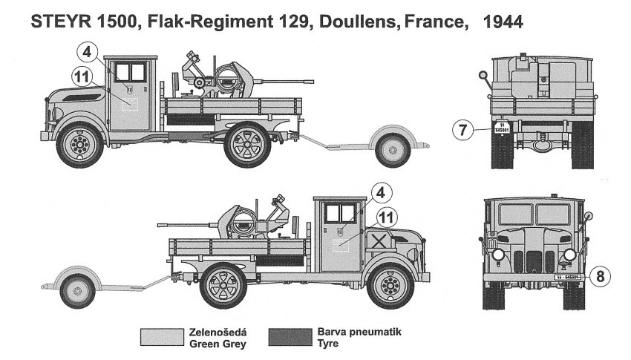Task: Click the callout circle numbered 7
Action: tap(462, 131)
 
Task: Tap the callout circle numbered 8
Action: tap(601, 277)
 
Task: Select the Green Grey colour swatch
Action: tap(162, 337)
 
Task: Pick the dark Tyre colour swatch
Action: tap(290, 337)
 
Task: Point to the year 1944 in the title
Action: tap(503, 22)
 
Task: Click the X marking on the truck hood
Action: tap(379, 240)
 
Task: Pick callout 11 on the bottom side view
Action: tap(385, 217)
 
